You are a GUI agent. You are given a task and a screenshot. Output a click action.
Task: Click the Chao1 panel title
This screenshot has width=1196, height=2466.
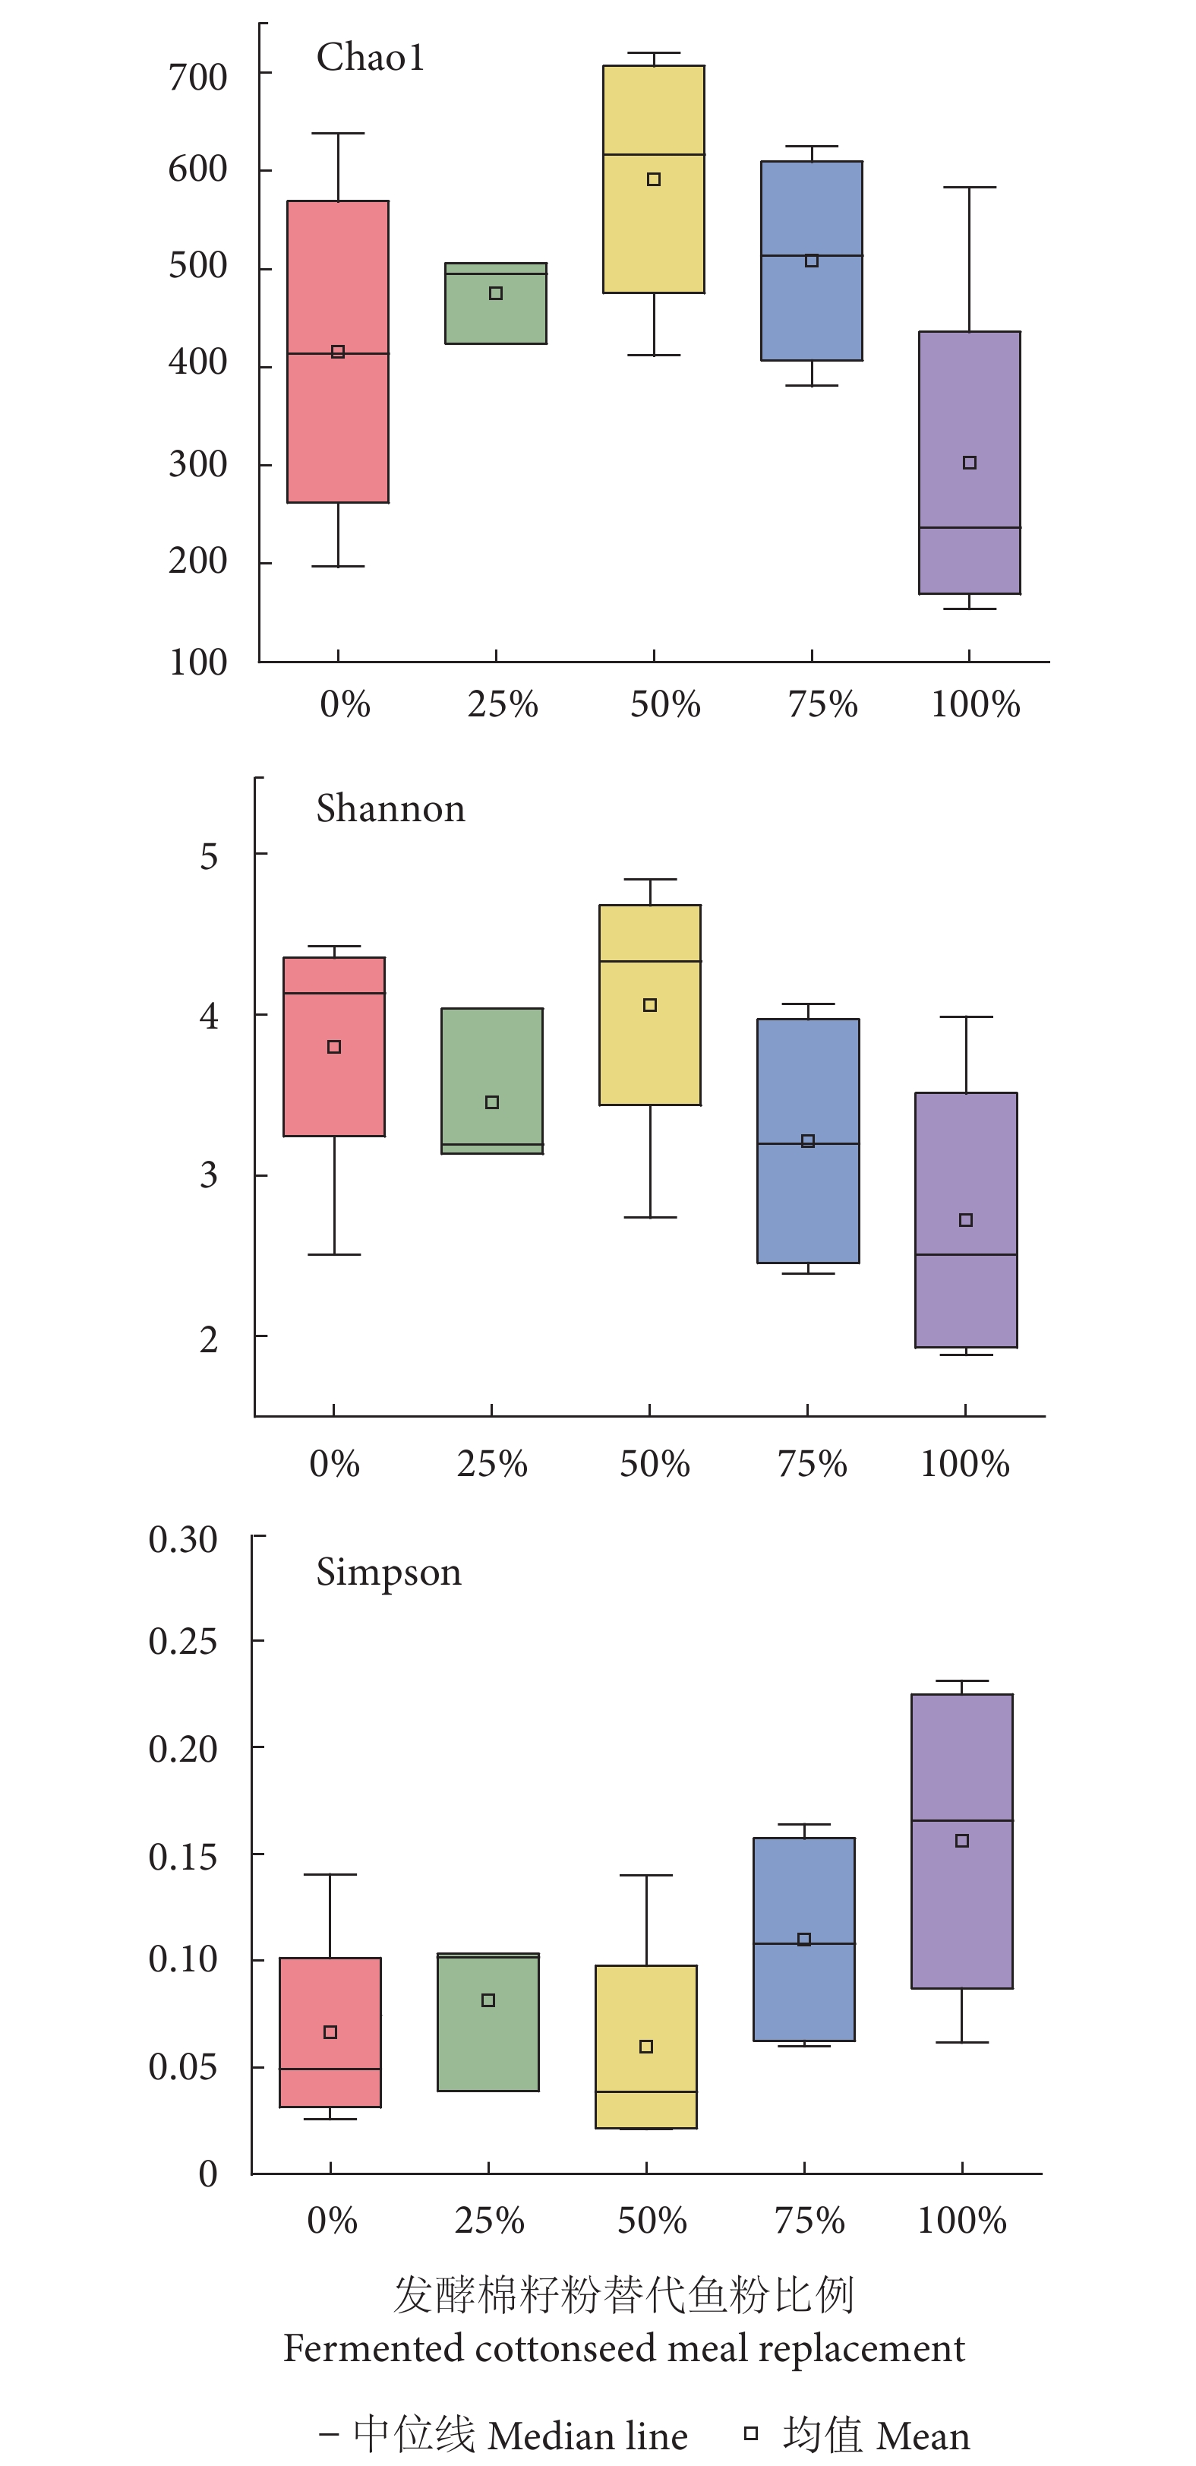tap(371, 58)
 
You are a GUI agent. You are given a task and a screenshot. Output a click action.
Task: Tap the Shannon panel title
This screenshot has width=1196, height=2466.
tap(390, 809)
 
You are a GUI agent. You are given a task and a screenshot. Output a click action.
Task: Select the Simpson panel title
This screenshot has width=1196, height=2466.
tap(389, 1572)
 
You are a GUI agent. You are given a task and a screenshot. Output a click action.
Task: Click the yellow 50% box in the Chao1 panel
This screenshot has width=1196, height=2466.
tap(654, 229)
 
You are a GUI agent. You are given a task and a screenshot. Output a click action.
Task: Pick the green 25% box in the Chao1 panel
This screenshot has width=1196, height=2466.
tap(496, 316)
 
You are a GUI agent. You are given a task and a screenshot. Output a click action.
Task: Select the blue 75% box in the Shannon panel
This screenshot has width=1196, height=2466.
tap(807, 1197)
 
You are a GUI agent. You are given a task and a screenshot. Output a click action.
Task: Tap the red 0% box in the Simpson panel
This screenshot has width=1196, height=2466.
tap(330, 2001)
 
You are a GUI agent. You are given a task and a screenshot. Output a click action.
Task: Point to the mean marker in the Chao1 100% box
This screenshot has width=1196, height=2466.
tap(969, 463)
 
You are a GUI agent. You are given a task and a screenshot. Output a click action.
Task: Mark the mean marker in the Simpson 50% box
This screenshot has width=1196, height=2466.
tap(645, 2047)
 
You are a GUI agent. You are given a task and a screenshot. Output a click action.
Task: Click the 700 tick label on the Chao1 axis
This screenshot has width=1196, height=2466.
tap(197, 77)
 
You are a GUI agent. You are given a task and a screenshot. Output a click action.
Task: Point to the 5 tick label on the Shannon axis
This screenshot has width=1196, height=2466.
tap(209, 856)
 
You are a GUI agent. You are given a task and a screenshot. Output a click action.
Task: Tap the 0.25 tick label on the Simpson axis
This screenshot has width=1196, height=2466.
tap(183, 1642)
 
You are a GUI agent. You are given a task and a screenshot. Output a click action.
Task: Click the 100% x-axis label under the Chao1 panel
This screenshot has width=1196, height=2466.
tap(975, 704)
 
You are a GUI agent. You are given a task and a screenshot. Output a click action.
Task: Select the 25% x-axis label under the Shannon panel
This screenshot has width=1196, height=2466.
tap(492, 1464)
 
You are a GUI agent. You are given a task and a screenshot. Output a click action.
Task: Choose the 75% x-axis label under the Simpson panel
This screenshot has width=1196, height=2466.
tap(809, 2220)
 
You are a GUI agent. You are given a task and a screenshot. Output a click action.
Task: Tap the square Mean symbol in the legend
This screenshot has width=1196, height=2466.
tap(751, 2433)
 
